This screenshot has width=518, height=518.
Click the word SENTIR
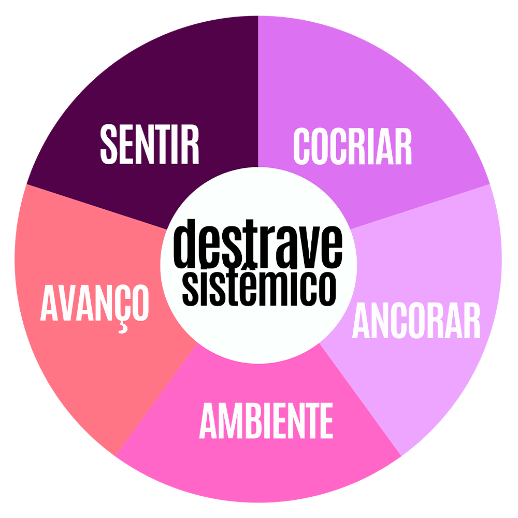(150, 143)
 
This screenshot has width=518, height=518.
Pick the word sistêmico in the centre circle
(257, 286)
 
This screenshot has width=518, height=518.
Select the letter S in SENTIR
(110, 143)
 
